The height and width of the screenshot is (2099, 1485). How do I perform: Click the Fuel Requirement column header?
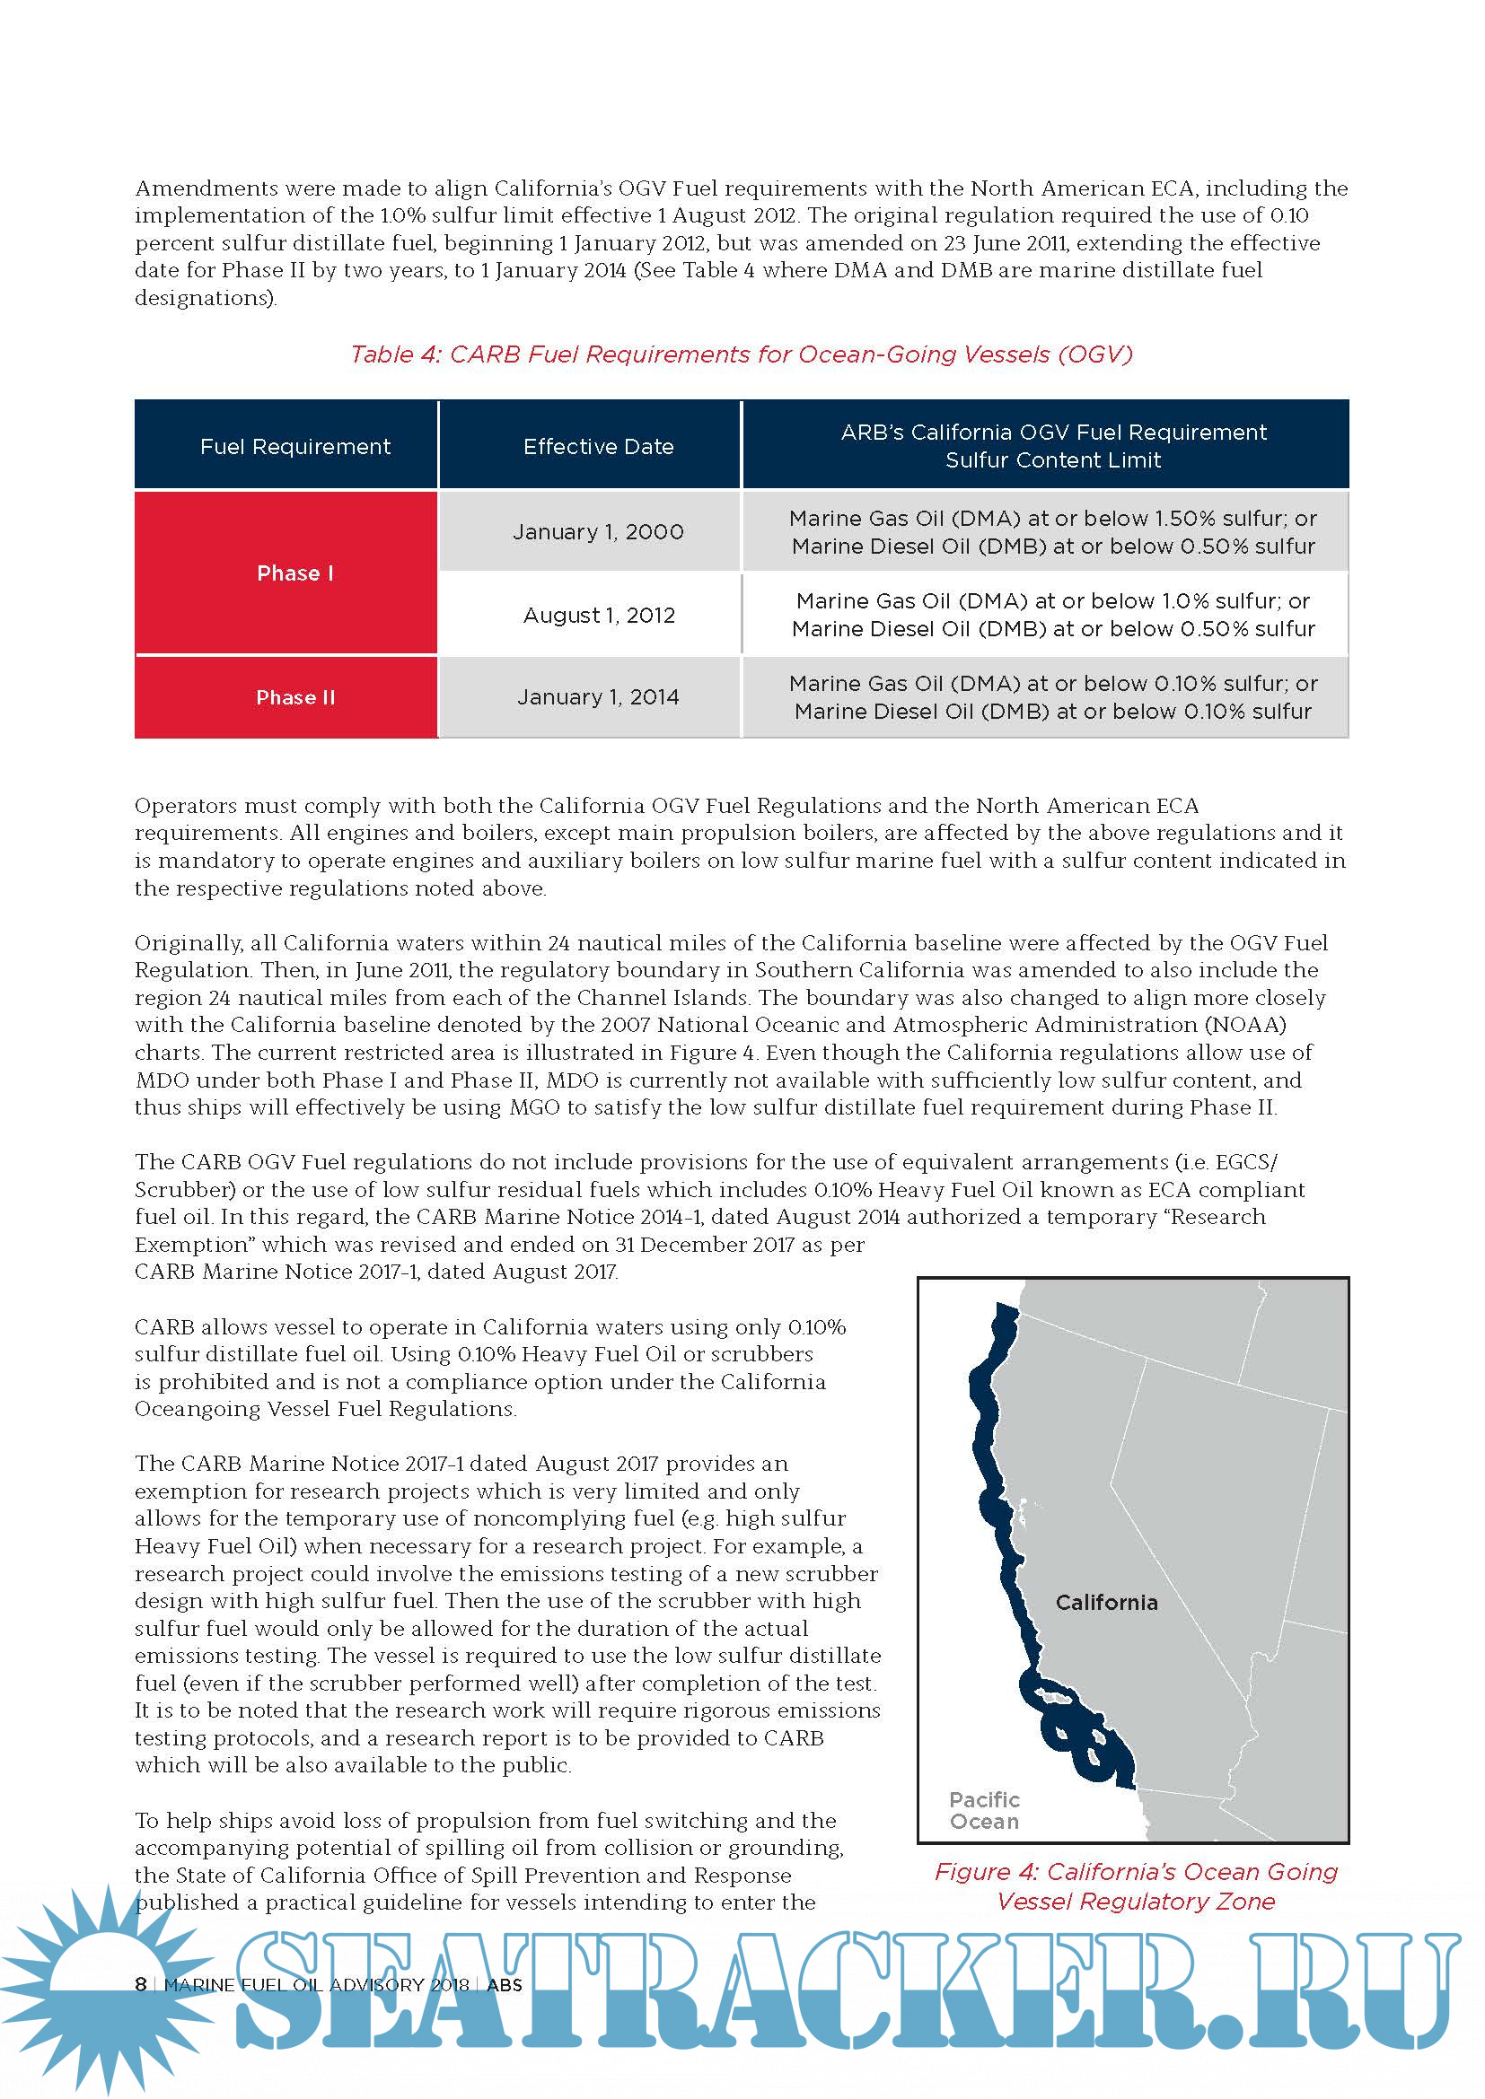click(294, 446)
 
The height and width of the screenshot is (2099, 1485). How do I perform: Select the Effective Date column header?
click(598, 446)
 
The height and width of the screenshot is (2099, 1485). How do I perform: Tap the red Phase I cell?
click(294, 573)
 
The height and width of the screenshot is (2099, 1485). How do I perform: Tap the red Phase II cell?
click(294, 697)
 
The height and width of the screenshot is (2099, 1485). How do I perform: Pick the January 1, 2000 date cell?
click(598, 532)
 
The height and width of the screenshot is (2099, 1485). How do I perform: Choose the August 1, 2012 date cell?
click(598, 616)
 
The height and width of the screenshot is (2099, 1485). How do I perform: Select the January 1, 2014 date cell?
click(598, 697)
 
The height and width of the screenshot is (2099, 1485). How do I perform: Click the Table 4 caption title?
click(741, 354)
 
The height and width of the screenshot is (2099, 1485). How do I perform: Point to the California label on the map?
click(1106, 1603)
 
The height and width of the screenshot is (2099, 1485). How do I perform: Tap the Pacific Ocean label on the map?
click(984, 1810)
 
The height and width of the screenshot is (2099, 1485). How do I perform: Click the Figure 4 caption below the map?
click(1136, 1886)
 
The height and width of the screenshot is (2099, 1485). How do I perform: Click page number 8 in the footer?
click(141, 1984)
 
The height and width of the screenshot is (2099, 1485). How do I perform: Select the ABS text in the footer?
click(505, 1985)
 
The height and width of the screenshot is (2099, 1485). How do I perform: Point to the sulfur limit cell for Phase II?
click(1052, 697)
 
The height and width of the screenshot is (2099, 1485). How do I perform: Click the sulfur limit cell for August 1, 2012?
click(1052, 616)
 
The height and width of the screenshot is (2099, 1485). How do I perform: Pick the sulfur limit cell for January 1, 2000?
click(1052, 532)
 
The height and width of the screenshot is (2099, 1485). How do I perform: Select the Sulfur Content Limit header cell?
click(1052, 446)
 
